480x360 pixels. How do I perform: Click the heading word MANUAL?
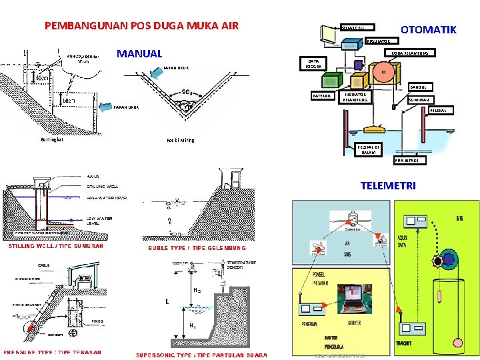(139, 53)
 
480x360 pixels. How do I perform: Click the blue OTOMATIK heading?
(428, 29)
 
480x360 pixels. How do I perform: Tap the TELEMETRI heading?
(387, 186)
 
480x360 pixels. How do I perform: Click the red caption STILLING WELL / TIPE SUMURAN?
(55, 245)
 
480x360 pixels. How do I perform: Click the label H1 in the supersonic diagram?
(192, 326)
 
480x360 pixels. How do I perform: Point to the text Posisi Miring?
(180, 141)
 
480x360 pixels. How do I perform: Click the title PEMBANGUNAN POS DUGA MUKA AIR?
(141, 27)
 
